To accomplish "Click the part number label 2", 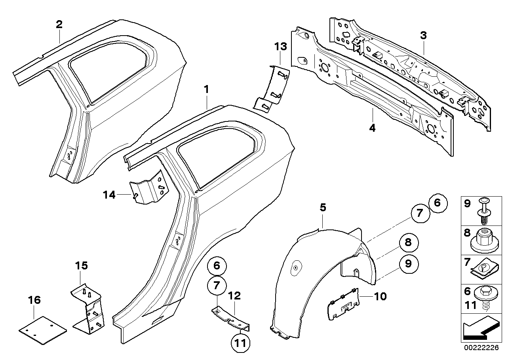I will point(59,25).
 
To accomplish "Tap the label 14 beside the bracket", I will point(109,195).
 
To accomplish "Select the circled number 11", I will point(242,343).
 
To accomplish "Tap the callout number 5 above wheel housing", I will point(323,207).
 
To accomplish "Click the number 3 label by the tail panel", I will point(423,36).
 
